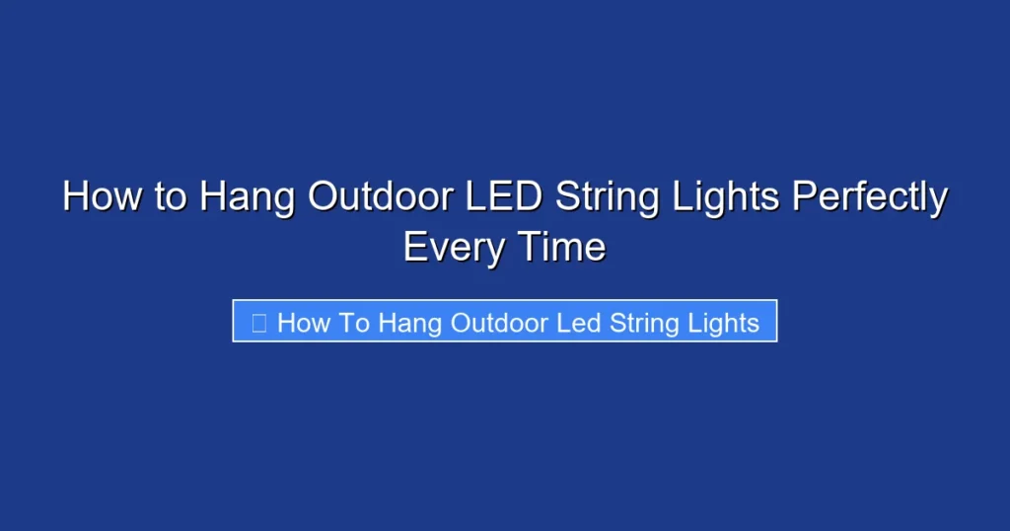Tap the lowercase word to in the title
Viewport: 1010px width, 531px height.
(170, 197)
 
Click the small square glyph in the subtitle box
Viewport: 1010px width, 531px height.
(259, 323)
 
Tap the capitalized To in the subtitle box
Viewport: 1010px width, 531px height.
(354, 323)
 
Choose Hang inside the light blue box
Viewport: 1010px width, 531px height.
(410, 324)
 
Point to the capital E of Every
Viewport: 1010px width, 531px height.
(414, 246)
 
